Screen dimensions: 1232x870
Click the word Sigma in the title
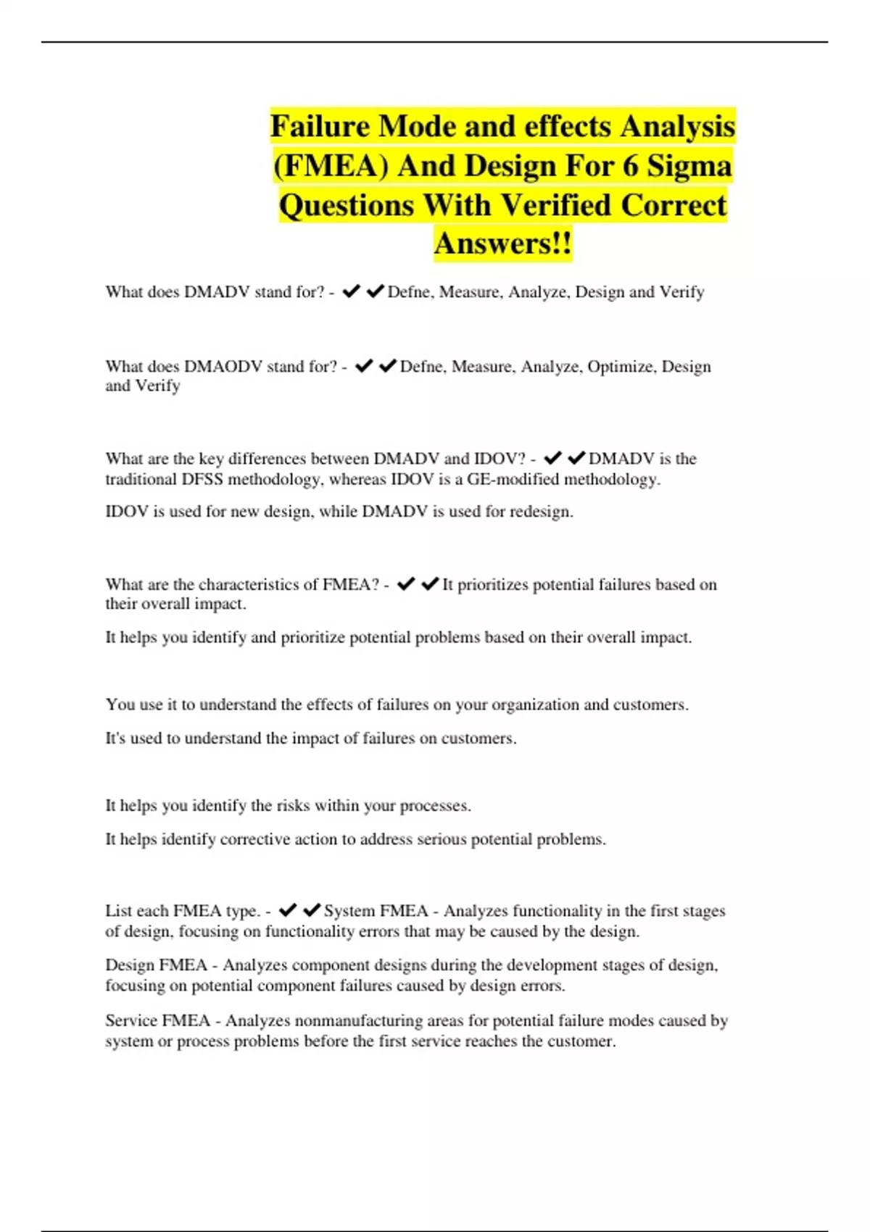tap(689, 166)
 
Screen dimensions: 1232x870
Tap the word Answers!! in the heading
tap(502, 244)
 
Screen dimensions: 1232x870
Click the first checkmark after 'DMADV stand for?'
tap(352, 291)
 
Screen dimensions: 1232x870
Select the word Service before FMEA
tap(131, 1020)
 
